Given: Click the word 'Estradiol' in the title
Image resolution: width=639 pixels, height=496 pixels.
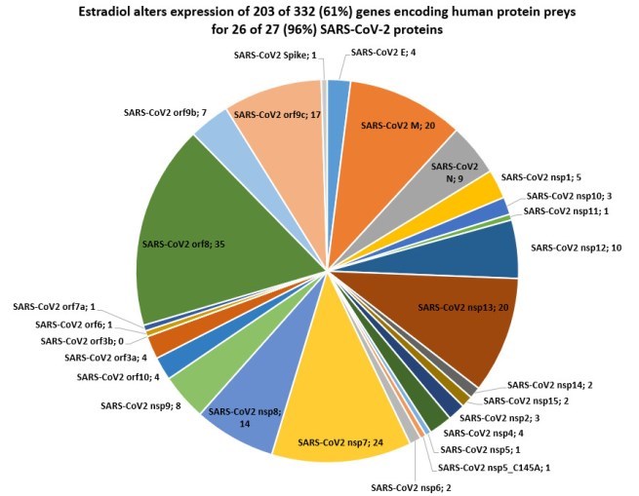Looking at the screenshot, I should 176,13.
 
